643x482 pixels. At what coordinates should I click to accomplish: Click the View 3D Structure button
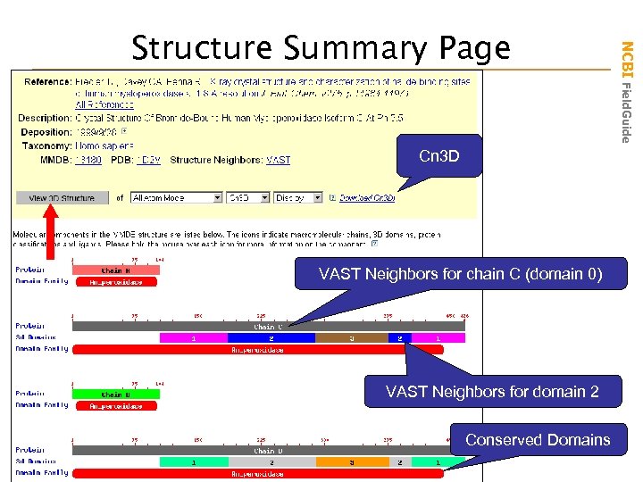pos(62,197)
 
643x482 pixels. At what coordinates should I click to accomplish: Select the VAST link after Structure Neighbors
pos(278,160)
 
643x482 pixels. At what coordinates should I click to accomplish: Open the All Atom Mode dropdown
pos(176,197)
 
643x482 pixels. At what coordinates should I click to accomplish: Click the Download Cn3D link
pos(366,197)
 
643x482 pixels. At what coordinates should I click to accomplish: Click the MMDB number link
pos(88,160)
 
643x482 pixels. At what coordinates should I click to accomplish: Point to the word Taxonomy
pos(44,145)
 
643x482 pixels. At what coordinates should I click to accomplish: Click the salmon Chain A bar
pos(115,270)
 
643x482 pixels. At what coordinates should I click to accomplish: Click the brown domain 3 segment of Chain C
pos(351,338)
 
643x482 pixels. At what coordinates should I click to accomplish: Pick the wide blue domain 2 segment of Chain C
pos(271,338)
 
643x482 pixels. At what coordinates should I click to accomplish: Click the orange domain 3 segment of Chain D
pos(351,461)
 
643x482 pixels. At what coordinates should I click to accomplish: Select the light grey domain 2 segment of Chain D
pos(271,461)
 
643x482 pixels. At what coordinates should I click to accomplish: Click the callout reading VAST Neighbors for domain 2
pos(492,391)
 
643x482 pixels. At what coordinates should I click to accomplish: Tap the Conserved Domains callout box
pos(538,439)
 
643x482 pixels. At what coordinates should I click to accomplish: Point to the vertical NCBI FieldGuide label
pos(627,89)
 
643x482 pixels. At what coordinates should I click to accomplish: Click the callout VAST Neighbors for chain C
pos(461,274)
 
